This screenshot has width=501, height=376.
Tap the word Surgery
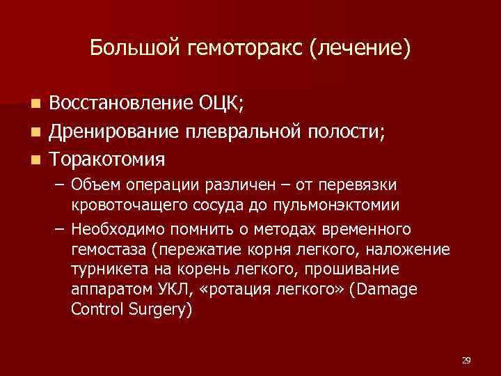click(x=158, y=308)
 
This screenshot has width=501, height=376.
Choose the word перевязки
click(x=361, y=185)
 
